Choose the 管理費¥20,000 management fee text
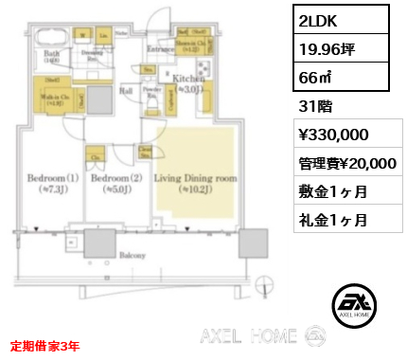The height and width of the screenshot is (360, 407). pos(344,163)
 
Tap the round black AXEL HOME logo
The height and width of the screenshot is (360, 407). pos(355,304)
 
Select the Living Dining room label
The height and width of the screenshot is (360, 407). pos(194,177)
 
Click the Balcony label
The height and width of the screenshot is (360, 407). pos(133,255)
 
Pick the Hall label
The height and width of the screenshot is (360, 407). pos(124,91)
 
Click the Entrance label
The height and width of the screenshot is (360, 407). pos(157,47)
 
